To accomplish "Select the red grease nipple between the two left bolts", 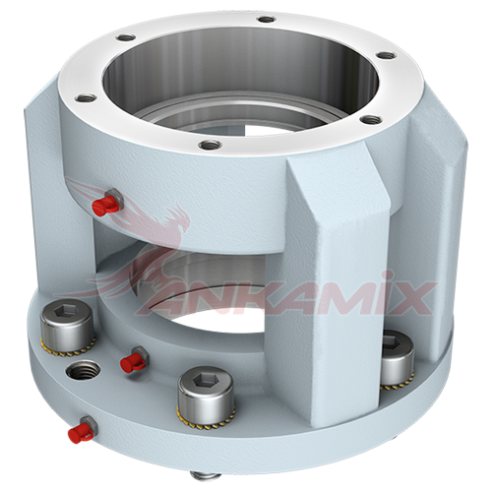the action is [131, 361].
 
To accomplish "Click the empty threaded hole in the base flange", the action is [84, 371].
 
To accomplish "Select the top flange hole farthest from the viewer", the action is [266, 20].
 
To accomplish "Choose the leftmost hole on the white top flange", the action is [86, 97].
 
